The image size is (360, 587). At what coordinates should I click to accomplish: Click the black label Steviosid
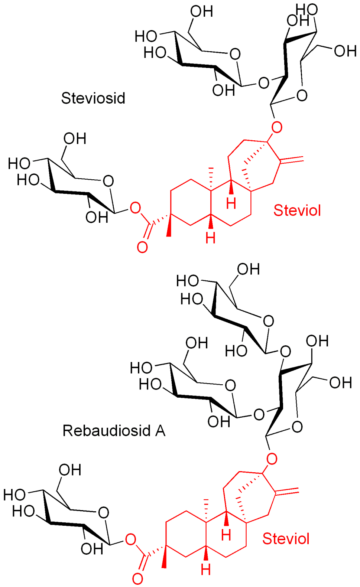pyautogui.click(x=93, y=98)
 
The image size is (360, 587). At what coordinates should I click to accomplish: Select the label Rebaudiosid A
pyautogui.click(x=114, y=431)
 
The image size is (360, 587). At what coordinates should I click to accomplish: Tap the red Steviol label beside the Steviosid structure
pyautogui.click(x=297, y=210)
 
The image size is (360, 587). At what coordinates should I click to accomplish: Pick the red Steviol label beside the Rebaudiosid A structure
pyautogui.click(x=286, y=538)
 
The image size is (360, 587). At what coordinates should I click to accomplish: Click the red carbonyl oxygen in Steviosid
pyautogui.click(x=142, y=247)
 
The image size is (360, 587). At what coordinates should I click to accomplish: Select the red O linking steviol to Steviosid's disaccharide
pyautogui.click(x=276, y=127)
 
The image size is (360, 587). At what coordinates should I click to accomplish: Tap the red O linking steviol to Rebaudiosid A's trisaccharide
pyautogui.click(x=272, y=459)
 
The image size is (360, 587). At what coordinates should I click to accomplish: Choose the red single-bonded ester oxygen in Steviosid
pyautogui.click(x=135, y=208)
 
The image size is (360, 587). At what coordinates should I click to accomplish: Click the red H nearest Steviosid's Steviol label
pyautogui.click(x=231, y=203)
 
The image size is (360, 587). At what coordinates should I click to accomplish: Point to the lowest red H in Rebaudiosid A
pyautogui.click(x=206, y=569)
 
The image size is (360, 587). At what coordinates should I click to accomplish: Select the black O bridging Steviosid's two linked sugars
pyautogui.click(x=263, y=83)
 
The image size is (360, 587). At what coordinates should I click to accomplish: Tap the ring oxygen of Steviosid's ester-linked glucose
pyautogui.click(x=108, y=181)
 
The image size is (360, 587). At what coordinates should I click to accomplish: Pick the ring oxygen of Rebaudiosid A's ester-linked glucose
pyautogui.click(x=103, y=513)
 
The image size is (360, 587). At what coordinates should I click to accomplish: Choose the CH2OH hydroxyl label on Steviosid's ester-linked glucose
pyautogui.click(x=75, y=139)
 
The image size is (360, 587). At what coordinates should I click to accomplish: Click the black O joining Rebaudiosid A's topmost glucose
pyautogui.click(x=285, y=351)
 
